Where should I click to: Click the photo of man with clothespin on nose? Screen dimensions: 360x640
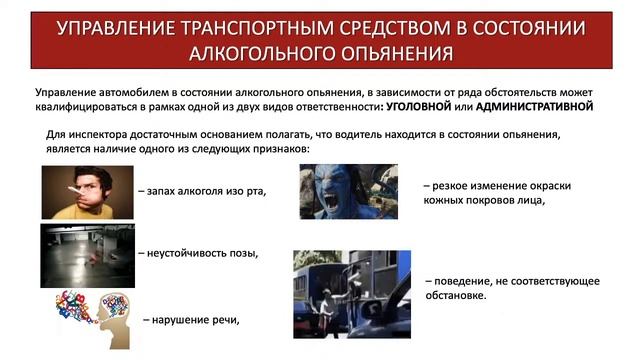click(87, 191)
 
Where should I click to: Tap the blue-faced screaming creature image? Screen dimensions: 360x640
click(349, 191)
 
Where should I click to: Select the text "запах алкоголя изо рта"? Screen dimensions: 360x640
click(205, 191)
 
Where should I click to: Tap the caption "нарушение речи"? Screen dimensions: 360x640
click(193, 320)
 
